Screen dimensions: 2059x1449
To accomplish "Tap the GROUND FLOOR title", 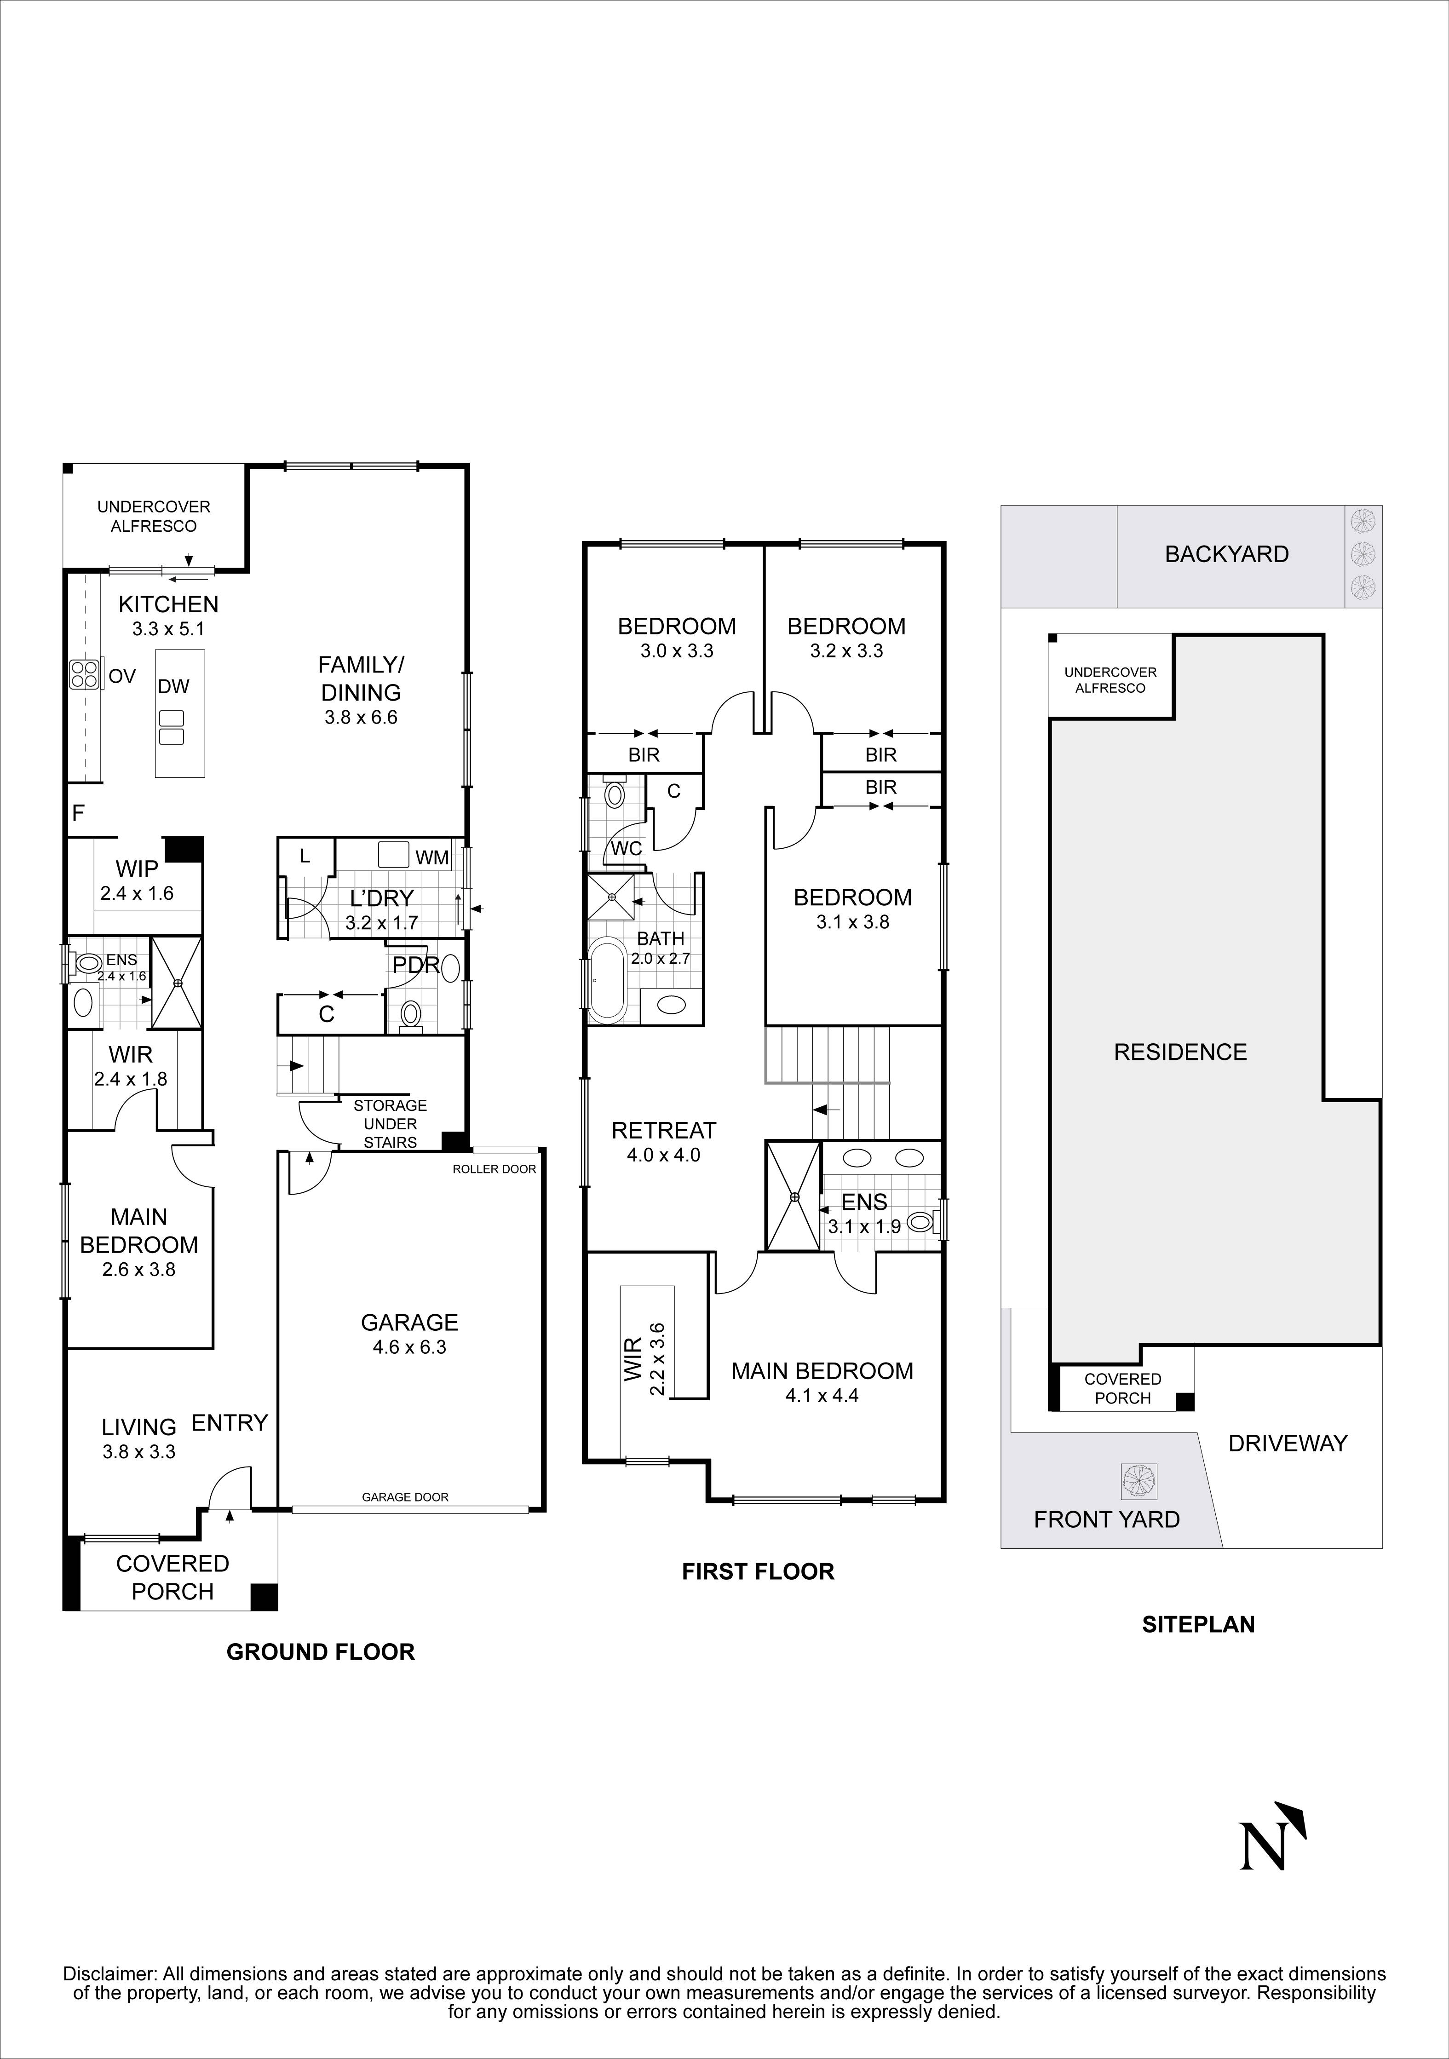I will pyautogui.click(x=320, y=1652).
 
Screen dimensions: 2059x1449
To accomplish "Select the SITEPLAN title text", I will pyautogui.click(x=1198, y=1624).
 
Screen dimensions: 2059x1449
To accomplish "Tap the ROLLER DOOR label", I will pyautogui.click(x=494, y=1168).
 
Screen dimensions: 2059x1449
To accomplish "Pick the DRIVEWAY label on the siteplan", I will pyautogui.click(x=1288, y=1443).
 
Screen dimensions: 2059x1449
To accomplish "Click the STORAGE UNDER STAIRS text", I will pyautogui.click(x=390, y=1124).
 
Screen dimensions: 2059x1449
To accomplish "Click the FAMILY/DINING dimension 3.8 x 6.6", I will pyautogui.click(x=361, y=718).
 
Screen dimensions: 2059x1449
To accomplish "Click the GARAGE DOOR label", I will pyautogui.click(x=405, y=1497).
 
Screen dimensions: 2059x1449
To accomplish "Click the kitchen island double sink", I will pyautogui.click(x=170, y=727).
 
